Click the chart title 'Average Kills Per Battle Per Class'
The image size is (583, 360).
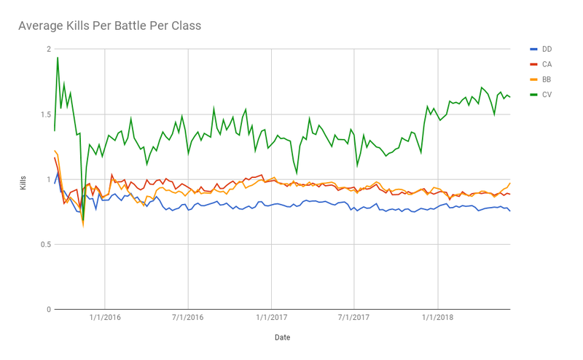pos(109,26)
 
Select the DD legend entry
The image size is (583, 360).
pos(547,49)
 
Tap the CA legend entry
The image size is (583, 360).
pos(547,64)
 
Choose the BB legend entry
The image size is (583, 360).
pos(547,79)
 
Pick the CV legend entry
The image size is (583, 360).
pos(547,94)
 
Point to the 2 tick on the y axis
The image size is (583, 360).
pos(48,50)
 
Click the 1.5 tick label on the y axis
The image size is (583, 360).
pos(44,114)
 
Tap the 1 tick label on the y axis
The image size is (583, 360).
pos(48,179)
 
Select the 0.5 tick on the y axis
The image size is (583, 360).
pos(44,244)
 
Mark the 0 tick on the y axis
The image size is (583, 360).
pos(48,309)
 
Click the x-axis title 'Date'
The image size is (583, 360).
pos(282,337)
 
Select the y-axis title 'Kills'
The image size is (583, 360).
pos(23,180)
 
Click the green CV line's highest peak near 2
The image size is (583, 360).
pos(58,58)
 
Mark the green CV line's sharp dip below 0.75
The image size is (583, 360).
pos(83,221)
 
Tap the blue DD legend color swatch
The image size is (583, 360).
pos(533,49)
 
